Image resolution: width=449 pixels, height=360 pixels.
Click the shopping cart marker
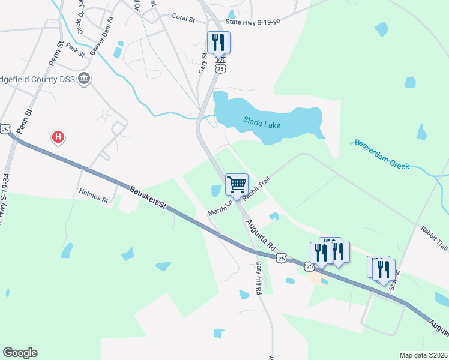pyautogui.click(x=237, y=184)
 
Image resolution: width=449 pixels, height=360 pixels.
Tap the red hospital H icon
pyautogui.click(x=58, y=137)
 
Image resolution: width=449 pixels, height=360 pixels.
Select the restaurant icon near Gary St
pyautogui.click(x=217, y=42)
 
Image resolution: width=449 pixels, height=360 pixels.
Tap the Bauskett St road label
pyautogui.click(x=148, y=197)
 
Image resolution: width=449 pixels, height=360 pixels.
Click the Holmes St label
pyautogui.click(x=93, y=196)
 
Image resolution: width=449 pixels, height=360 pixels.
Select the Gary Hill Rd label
pyautogui.click(x=259, y=277)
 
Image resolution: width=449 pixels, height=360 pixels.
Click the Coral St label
pyautogui.click(x=184, y=19)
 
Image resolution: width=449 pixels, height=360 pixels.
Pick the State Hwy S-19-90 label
pyautogui.click(x=253, y=22)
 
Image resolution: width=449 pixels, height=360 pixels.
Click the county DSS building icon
pyautogui.click(x=84, y=79)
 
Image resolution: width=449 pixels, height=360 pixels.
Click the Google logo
pyautogui.click(x=20, y=353)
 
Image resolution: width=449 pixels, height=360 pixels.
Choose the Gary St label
pyautogui.click(x=203, y=64)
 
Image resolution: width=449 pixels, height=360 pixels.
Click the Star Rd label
pyautogui.click(x=394, y=281)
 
